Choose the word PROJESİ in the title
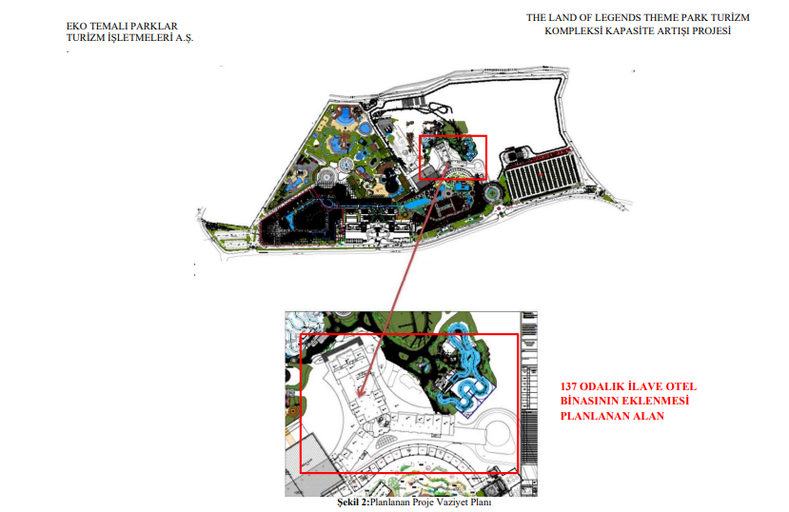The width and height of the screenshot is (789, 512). pos(711,30)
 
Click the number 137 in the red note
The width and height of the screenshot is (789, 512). pos(568,386)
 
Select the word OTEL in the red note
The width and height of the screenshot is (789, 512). pos(681,386)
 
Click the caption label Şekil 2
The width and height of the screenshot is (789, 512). pos(352,502)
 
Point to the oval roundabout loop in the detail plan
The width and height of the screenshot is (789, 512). pos(495,431)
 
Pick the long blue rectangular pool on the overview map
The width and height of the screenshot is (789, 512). pos(418,203)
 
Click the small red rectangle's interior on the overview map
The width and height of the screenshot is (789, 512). pos(453,157)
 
